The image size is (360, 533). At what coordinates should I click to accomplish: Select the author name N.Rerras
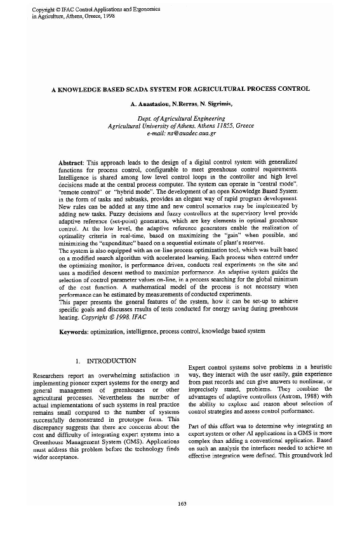[181, 104]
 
